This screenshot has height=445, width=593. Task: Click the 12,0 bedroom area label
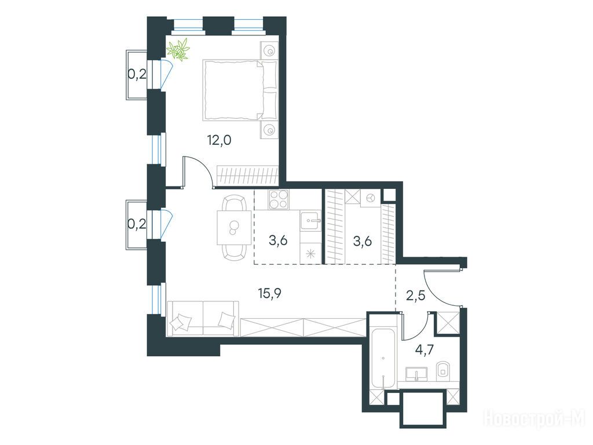coord(219,141)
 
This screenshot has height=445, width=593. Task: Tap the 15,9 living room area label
coord(270,293)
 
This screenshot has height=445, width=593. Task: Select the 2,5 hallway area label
coord(416,295)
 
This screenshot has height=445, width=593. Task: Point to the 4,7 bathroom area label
coord(424,348)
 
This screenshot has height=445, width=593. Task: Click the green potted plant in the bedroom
coord(178,49)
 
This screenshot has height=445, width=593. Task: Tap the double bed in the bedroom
coord(239,90)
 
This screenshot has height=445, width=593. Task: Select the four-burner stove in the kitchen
coord(279,199)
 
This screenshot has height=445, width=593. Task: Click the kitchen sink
coord(310,221)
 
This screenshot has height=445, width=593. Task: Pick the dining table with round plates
coord(234,227)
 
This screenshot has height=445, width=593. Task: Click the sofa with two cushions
coord(203,318)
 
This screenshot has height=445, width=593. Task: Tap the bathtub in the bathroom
coord(383,359)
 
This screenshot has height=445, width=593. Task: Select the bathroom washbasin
coord(416,374)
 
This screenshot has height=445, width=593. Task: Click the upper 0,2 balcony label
coord(137,75)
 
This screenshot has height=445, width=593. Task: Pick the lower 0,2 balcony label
coord(137,225)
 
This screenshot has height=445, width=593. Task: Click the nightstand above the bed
coord(269,50)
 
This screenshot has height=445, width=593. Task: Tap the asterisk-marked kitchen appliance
coord(310,253)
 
